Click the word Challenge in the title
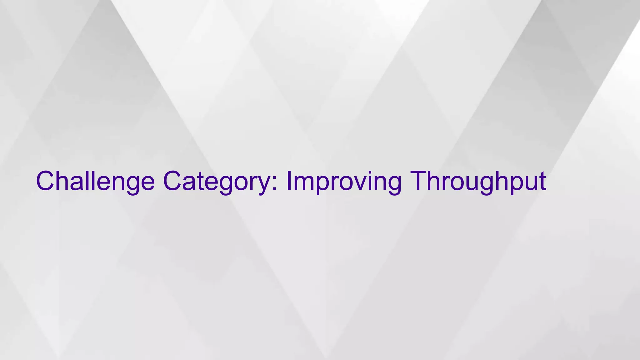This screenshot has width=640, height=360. pos(95,181)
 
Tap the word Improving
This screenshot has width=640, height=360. pos(344,181)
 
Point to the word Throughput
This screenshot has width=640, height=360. pos(478,181)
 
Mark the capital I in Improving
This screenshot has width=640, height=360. pos(289,181)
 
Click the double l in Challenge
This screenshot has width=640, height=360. pos(88,181)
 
